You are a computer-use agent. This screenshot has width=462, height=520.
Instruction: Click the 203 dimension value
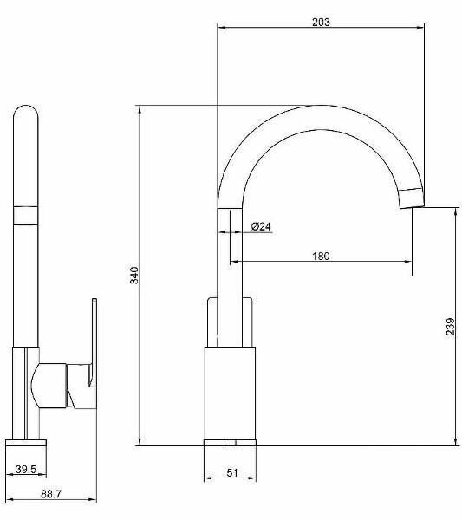[x=321, y=23]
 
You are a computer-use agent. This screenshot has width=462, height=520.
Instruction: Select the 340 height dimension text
[x=134, y=275]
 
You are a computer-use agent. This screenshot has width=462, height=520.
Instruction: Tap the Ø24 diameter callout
[x=261, y=226]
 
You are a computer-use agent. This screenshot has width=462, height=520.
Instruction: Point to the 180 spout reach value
[x=321, y=256]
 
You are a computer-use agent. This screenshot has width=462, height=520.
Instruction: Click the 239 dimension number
[x=450, y=327]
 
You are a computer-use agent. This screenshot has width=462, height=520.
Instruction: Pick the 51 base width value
[x=232, y=472]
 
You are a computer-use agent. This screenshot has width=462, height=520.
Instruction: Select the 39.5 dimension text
[x=26, y=469]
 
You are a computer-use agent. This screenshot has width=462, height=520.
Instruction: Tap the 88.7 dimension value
[x=51, y=494]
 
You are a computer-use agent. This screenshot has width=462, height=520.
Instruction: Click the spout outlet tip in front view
[x=412, y=198]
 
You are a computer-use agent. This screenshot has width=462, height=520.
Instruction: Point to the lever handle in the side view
[x=94, y=342]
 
